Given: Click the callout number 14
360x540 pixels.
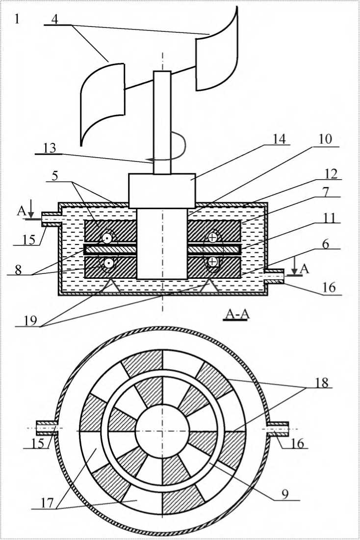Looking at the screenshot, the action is (279, 139).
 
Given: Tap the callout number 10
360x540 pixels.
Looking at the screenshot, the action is (326, 139).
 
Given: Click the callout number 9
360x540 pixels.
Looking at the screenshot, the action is (285, 493).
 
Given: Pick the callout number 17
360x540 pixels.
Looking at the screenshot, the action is (48, 503).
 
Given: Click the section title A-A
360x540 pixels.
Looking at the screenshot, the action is (236, 314).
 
